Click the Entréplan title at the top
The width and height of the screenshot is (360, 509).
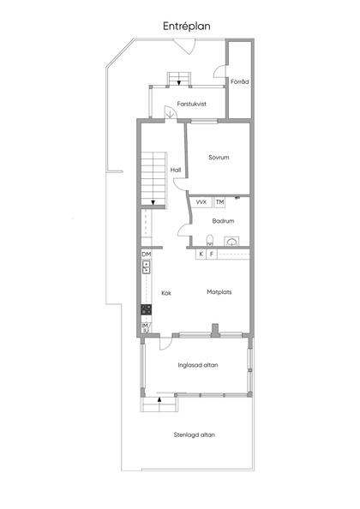point(186,27)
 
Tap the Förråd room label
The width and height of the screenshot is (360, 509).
point(239,81)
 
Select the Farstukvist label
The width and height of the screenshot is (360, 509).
point(191,104)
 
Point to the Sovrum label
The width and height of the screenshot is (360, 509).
point(219,158)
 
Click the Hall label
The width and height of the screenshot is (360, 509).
point(176,170)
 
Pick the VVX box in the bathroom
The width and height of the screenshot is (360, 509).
point(201,202)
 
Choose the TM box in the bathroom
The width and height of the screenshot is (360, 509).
point(219,202)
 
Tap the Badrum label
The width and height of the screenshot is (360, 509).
point(223,221)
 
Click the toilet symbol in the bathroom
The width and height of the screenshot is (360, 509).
point(210,240)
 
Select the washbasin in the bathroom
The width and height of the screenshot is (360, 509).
point(231,242)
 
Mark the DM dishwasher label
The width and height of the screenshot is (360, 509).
point(147,254)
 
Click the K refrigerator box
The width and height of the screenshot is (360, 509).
point(201,254)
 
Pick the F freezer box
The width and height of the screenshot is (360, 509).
point(212,254)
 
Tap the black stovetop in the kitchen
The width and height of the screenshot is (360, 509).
point(146,309)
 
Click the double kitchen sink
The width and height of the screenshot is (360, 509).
point(147,266)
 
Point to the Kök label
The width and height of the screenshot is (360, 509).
point(166,293)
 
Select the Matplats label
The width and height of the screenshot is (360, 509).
point(219,292)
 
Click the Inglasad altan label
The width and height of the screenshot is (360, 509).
point(198,365)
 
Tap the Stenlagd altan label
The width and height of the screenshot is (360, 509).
point(194,435)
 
